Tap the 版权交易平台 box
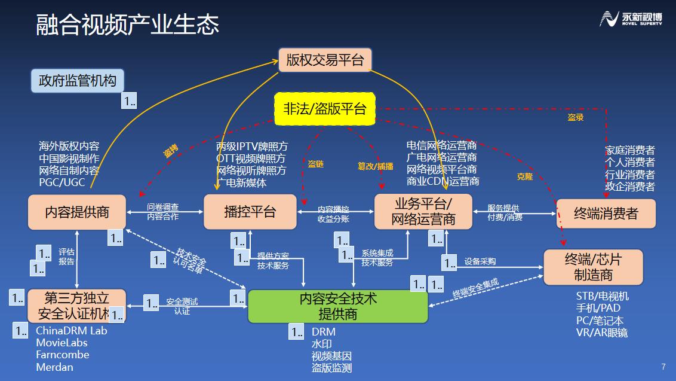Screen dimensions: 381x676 [x=325, y=60]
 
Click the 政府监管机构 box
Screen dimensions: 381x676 [x=78, y=80]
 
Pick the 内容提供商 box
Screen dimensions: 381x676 [x=77, y=212]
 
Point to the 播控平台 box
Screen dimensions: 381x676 [x=250, y=212]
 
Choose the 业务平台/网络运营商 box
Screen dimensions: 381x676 [x=423, y=211]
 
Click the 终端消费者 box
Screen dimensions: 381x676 [x=606, y=213]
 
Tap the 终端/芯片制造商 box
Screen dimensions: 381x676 [x=593, y=267]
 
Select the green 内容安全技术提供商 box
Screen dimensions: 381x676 [x=338, y=306]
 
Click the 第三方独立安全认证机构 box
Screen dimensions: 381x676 [x=77, y=305]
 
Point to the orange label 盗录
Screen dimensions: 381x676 [x=575, y=118]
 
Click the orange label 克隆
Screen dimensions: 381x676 [x=524, y=176]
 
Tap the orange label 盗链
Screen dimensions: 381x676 [x=315, y=163]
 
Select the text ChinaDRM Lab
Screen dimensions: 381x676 [x=72, y=330]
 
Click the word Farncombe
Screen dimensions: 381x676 [x=63, y=355]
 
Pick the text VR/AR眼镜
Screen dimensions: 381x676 [x=601, y=333]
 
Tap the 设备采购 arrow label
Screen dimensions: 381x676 [x=480, y=261]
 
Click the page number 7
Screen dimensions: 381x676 [x=663, y=367]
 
